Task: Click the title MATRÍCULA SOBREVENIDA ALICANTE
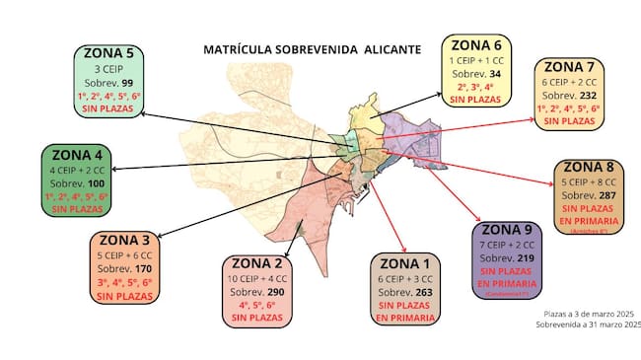[311, 49]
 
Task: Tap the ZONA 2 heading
[258, 263]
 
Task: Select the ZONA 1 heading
[406, 263]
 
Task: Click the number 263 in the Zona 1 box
[422, 292]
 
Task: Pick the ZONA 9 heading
[510, 229]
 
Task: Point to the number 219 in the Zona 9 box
[526, 257]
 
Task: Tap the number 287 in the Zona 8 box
[607, 195]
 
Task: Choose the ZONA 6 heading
[477, 44]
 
